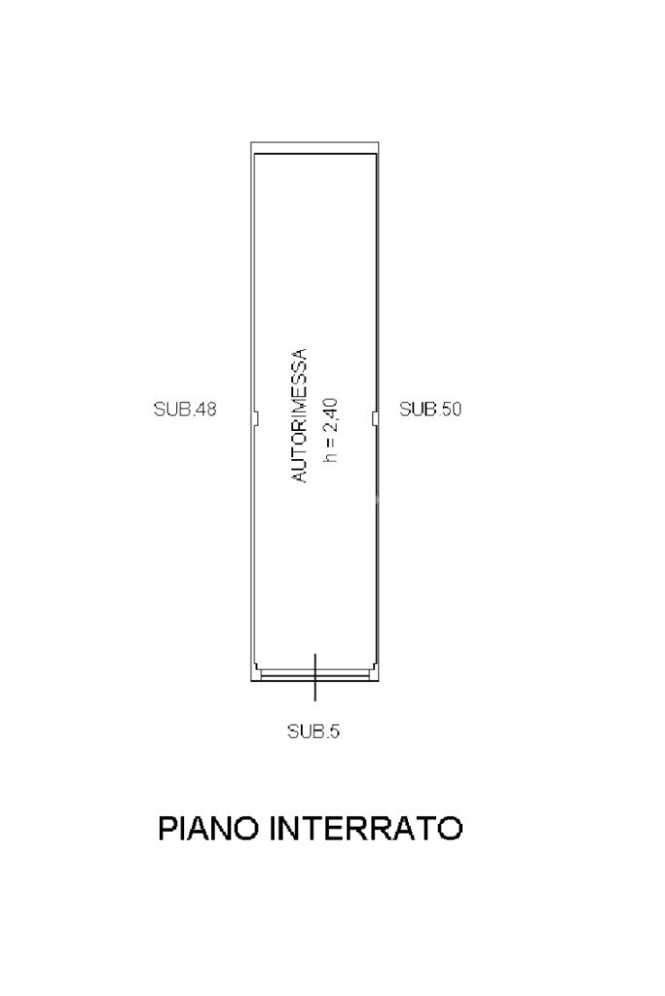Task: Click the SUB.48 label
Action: (x=185, y=409)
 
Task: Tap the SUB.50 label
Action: (x=430, y=409)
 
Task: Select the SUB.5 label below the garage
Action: (x=314, y=731)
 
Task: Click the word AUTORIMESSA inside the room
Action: (x=301, y=416)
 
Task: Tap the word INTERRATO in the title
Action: (x=366, y=829)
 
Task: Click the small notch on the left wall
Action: (x=254, y=417)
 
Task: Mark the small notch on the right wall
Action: (x=374, y=417)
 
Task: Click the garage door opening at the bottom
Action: (x=314, y=673)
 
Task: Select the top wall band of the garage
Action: (x=314, y=149)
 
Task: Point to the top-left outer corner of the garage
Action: (x=251, y=144)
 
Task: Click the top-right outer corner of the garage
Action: (x=378, y=144)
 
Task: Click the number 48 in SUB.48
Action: (x=204, y=409)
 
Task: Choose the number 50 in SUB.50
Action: (x=450, y=409)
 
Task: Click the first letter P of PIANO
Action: (x=167, y=829)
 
